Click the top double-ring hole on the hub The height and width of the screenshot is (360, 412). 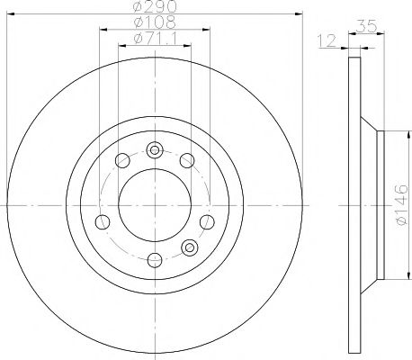pos(154,150)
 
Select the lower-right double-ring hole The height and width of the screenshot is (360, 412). pos(189,247)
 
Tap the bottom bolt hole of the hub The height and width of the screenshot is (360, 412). pos(154,260)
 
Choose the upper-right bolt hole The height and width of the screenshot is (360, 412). pos(187,161)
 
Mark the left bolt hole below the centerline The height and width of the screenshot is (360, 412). pos(102,222)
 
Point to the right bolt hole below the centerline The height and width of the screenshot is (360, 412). pos(207,222)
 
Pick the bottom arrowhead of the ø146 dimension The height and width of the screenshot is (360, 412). pos(391,276)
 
